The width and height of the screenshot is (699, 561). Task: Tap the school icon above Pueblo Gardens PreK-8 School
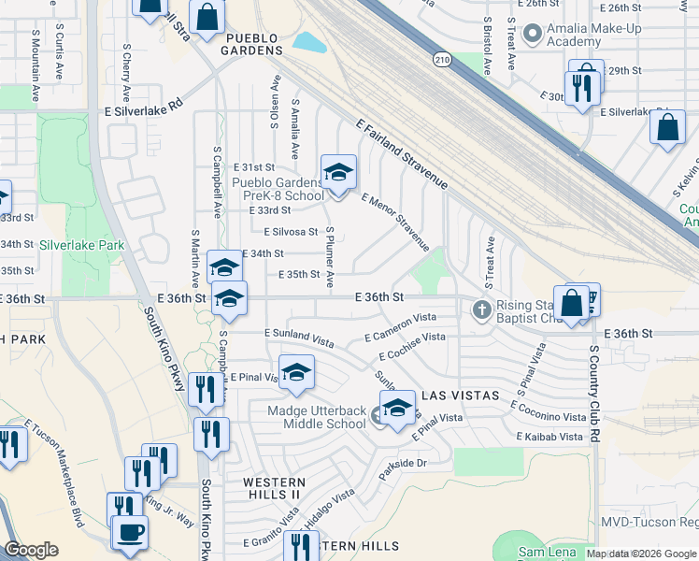coord(338,172)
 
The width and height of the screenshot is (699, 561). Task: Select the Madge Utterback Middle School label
coord(317,417)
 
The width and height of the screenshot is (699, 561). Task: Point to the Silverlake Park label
coord(82,245)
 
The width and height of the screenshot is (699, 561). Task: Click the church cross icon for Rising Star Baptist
coord(481,309)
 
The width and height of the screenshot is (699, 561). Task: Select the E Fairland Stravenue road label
coord(403,154)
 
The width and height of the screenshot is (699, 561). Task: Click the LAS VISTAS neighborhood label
coord(455,396)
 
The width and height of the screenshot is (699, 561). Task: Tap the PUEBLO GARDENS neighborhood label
coord(251,44)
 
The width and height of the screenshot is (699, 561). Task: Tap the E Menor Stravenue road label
coord(395,223)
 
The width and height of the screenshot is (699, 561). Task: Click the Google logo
coord(32,551)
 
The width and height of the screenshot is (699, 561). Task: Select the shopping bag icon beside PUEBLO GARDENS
coord(207,16)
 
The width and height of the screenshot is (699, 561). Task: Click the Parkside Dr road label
coord(403,463)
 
